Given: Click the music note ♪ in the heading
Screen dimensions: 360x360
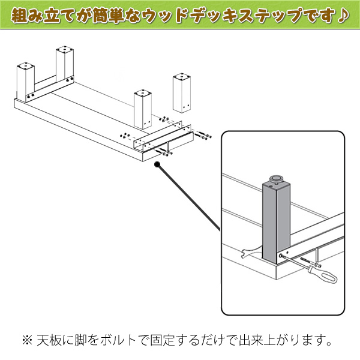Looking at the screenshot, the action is click(x=343, y=16).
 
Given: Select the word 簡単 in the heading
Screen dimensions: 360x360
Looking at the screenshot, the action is click(x=109, y=16).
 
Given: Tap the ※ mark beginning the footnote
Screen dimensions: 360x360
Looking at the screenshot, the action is click(x=27, y=340).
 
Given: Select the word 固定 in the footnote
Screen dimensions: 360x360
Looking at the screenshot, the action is click(x=162, y=340).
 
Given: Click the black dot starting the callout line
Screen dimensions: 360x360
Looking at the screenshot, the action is click(x=157, y=164).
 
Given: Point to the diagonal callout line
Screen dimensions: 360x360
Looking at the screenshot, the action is click(x=188, y=197).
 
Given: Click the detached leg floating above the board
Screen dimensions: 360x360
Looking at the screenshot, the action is click(x=182, y=93).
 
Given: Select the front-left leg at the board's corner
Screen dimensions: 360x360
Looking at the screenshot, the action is click(x=25, y=82).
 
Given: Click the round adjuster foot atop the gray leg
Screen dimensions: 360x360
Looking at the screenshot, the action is click(x=277, y=179).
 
